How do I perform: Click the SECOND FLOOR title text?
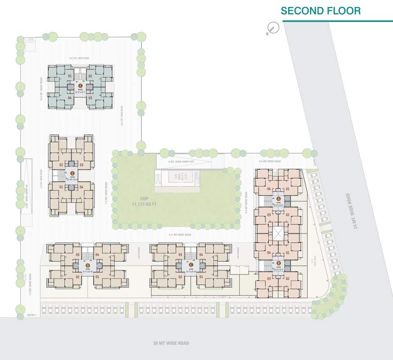[321, 10]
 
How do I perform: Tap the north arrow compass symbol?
[272, 29]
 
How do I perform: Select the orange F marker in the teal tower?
[81, 86]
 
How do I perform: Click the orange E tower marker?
[72, 173]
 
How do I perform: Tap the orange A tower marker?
[279, 199]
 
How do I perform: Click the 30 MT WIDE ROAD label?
[171, 343]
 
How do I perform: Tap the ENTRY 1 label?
[32, 315]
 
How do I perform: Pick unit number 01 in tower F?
[69, 76]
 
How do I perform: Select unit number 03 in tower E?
[82, 165]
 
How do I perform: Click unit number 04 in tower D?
[98, 255]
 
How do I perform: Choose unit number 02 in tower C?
[181, 277]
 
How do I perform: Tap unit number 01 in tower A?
[287, 189]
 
